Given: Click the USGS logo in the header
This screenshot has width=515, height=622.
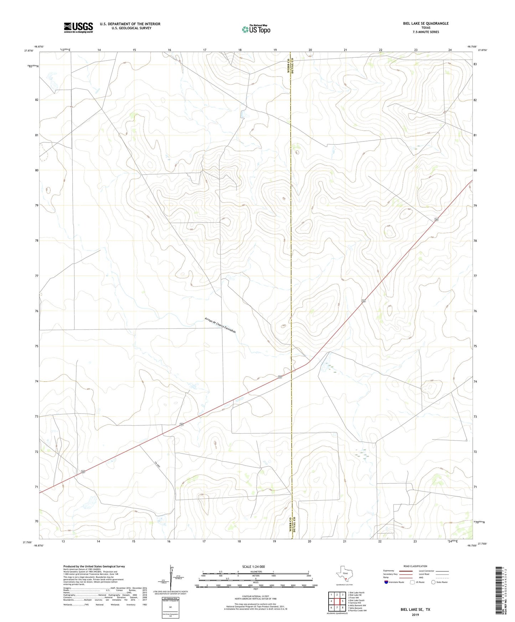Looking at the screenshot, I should [x=78, y=27].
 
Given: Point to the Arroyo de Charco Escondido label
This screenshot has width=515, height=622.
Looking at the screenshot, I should [x=220, y=325].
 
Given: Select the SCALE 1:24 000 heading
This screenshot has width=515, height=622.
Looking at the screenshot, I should [x=253, y=566].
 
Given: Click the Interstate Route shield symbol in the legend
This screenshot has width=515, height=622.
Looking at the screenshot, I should [x=386, y=582].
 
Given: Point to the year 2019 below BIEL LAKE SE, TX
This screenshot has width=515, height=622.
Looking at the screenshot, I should [x=415, y=615].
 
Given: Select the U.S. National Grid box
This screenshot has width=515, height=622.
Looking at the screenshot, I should [x=170, y=607].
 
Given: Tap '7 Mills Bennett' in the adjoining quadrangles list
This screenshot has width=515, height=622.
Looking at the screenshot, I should [x=357, y=608].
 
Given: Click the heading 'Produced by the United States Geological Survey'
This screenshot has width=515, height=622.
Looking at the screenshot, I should [x=94, y=566].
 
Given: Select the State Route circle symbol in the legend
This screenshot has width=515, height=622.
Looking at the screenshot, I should [x=433, y=582].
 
